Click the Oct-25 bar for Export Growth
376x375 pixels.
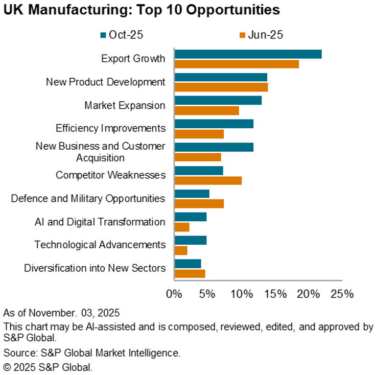point(248,54)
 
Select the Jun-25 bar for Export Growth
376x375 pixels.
point(237,64)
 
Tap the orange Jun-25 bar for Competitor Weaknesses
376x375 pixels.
point(208,180)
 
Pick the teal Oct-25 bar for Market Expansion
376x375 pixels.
point(218,101)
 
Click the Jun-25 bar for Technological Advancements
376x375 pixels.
point(181,250)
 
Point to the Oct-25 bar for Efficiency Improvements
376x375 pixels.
point(214,124)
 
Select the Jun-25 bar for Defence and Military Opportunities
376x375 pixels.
point(199,204)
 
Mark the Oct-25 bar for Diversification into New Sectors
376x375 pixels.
point(187,264)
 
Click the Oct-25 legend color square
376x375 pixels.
point(104,35)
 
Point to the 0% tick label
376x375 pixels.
point(174,294)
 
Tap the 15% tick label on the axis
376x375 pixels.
point(275,294)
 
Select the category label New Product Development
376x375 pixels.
point(106,82)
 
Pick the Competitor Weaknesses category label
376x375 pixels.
point(110,175)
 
